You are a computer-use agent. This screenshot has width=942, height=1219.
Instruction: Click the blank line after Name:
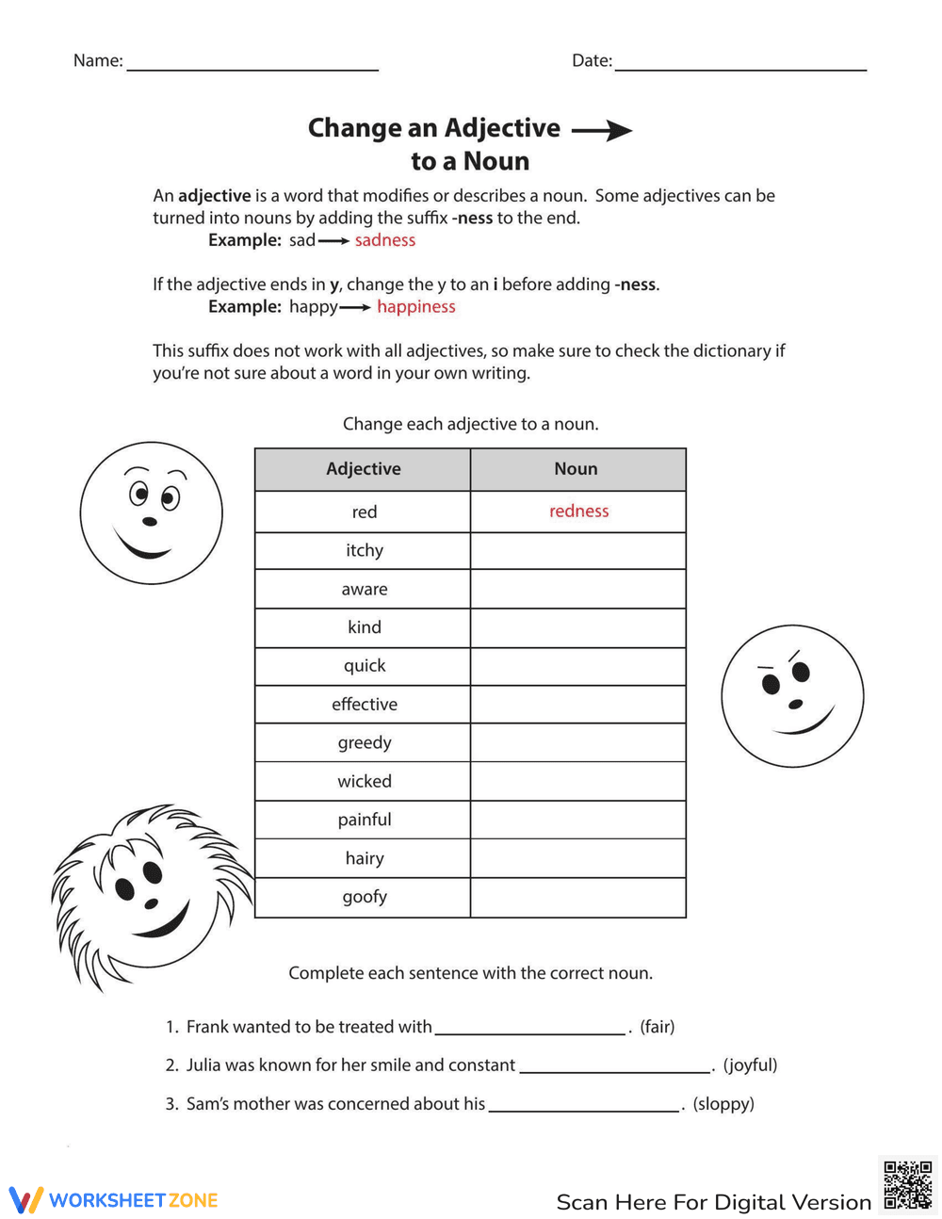[252, 66]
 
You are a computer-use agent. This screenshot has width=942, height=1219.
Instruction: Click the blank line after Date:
[740, 66]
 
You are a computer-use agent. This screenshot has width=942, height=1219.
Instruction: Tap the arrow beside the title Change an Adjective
[602, 130]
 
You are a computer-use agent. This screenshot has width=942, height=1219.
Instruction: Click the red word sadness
[384, 240]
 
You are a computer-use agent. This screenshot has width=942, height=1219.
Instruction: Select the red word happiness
[415, 307]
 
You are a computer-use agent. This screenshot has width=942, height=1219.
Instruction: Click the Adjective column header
[363, 469]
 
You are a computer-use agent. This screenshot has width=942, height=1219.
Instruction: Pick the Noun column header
[577, 469]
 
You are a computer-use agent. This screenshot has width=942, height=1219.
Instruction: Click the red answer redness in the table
[578, 512]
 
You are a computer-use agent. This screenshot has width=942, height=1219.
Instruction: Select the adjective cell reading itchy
[364, 550]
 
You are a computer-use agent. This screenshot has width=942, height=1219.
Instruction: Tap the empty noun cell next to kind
[577, 627]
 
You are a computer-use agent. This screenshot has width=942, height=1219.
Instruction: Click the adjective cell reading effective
[364, 705]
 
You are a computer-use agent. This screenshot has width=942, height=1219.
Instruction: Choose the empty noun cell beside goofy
[577, 897]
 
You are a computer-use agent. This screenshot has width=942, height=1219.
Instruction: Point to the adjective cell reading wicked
[364, 781]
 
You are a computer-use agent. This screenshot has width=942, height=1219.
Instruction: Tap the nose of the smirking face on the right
[796, 704]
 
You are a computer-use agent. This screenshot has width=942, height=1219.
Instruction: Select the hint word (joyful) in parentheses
[750, 1065]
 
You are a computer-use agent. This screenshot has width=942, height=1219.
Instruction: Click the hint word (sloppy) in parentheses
[723, 1104]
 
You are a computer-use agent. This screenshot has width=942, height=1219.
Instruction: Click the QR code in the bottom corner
[907, 1184]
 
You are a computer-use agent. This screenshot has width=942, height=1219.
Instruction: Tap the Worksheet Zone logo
[114, 1200]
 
